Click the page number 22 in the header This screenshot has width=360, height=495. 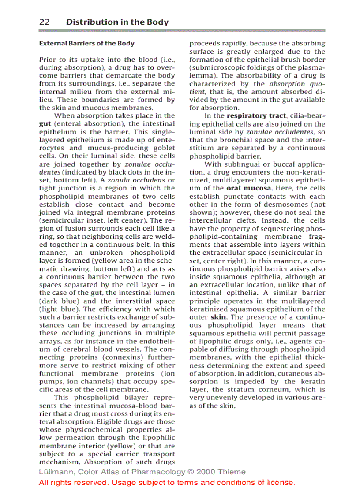[44, 22]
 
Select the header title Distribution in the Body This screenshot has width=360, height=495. [117, 22]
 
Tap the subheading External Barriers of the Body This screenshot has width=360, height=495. [87, 43]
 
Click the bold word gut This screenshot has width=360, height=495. [45, 124]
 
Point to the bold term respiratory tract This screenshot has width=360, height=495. [254, 116]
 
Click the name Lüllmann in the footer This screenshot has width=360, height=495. [56, 472]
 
